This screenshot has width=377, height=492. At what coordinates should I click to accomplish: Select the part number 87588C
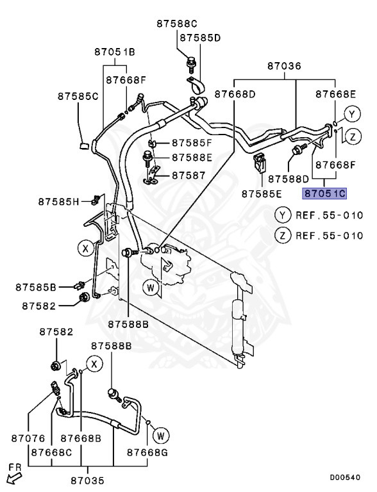pos(177,24)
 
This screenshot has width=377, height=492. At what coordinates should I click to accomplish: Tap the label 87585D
pos(200,38)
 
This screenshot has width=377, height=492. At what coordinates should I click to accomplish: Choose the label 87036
pos(284,66)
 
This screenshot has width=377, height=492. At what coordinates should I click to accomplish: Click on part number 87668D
pos(235,94)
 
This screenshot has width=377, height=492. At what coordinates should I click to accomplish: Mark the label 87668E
pos(335,94)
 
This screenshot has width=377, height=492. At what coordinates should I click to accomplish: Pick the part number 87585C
pos(78,96)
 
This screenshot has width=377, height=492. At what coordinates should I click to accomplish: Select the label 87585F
pos(191,143)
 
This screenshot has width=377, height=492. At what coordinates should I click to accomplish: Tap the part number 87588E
pos(191,158)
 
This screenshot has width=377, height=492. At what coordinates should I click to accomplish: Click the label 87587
pos(187,174)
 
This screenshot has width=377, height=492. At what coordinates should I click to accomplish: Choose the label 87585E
pos(262,193)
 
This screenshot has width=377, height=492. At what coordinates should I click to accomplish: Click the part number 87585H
pos(58,202)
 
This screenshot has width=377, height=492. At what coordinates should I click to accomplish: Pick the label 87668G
pos(147,452)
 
